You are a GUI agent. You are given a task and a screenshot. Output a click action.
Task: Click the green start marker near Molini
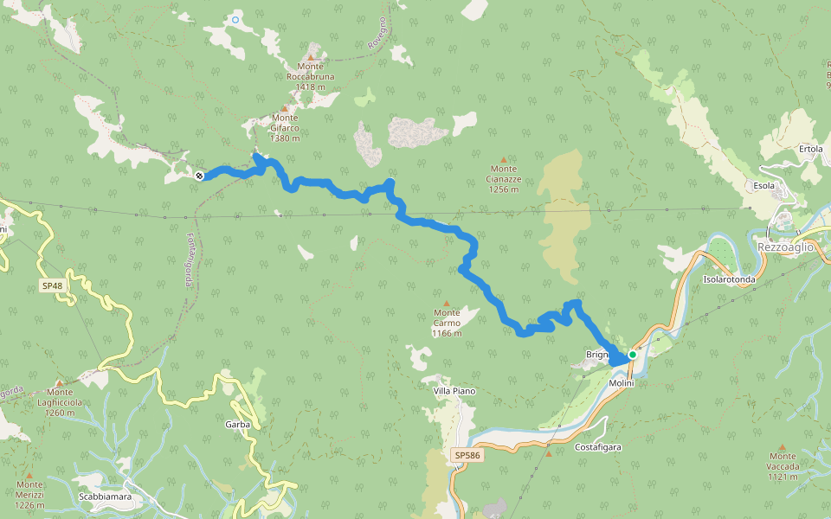633,355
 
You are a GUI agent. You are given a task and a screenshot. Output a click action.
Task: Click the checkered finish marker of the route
200,176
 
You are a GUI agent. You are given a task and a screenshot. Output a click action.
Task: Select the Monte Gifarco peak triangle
284,108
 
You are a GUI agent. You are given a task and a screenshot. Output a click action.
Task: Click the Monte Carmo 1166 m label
447,323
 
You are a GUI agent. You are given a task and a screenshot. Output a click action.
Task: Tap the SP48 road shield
52,285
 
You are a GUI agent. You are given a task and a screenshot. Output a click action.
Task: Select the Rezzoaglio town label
785,247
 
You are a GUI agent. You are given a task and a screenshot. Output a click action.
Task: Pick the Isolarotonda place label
729,279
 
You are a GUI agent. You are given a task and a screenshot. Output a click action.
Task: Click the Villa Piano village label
454,391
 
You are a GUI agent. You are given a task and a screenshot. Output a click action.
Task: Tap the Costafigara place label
598,447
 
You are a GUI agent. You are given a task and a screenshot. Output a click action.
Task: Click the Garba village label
237,425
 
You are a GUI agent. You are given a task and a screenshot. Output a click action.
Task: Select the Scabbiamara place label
105,497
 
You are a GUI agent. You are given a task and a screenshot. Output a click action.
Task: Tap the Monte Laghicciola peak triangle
59,381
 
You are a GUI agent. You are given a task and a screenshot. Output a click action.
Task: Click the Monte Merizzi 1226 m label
29,495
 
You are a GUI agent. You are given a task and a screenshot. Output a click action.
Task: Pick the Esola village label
763,185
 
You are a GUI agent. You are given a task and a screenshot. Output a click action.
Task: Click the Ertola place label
810,149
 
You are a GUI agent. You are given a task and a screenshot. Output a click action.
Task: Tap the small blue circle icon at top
235,18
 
